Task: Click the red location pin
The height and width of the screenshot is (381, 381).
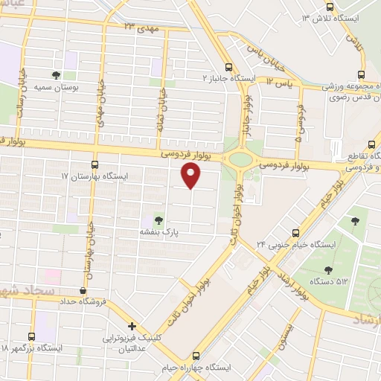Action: click(x=192, y=175)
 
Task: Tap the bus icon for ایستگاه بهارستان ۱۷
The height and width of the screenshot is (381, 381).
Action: click(x=95, y=164)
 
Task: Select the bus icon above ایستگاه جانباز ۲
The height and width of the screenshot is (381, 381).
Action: click(x=230, y=65)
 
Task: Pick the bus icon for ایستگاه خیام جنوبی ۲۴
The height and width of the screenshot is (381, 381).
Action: click(x=296, y=232)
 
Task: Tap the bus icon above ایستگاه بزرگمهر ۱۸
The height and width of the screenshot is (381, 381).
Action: click(x=31, y=336)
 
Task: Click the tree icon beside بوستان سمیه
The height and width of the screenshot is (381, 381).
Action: click(x=56, y=75)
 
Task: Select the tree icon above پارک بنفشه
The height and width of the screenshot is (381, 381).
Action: click(x=158, y=219)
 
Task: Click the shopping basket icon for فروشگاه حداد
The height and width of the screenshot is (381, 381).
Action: click(x=82, y=291)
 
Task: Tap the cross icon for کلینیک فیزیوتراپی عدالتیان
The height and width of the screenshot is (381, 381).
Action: click(x=132, y=326)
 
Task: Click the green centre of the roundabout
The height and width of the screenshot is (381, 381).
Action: click(x=241, y=158)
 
